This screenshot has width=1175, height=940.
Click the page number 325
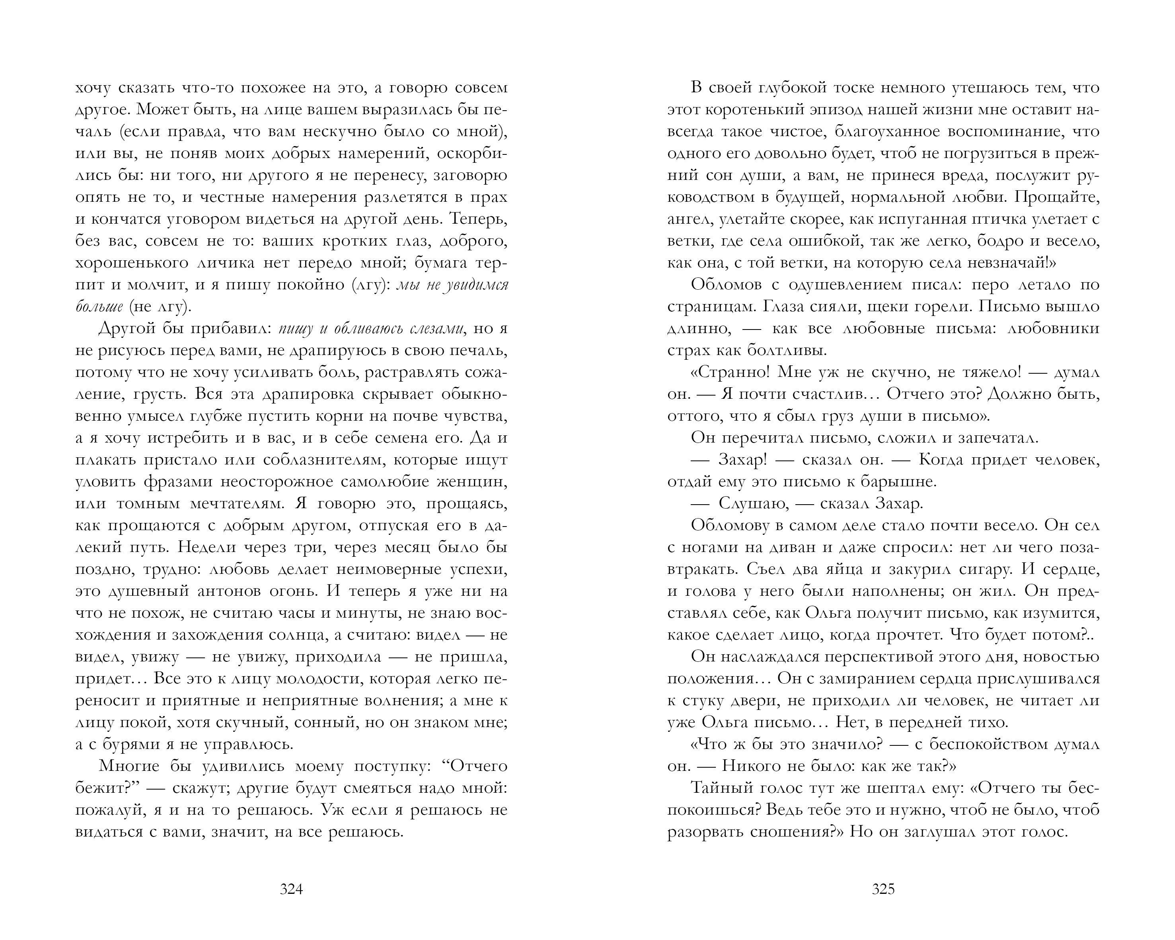[x=883, y=889]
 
